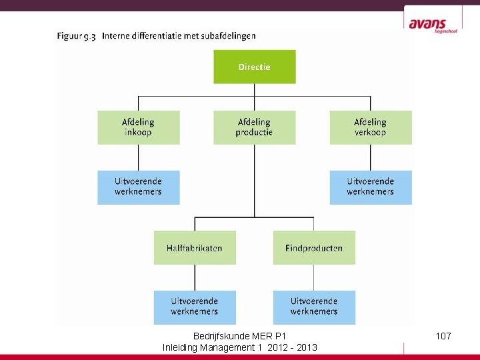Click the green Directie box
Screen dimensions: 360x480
[x=254, y=67]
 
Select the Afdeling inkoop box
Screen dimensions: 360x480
[x=139, y=127]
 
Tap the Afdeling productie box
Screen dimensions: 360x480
[x=254, y=127]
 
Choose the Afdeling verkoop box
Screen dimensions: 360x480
[x=370, y=127]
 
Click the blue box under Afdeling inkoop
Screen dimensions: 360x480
[x=139, y=187]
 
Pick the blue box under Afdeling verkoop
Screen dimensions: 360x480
[x=370, y=187]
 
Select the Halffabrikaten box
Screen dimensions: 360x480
[x=195, y=248]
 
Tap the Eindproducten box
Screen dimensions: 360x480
[x=314, y=248]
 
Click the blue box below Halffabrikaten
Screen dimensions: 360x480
[x=195, y=307]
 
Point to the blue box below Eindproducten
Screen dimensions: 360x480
[x=314, y=307]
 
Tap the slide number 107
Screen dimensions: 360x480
[x=443, y=336]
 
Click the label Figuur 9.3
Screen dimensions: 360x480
[x=76, y=37]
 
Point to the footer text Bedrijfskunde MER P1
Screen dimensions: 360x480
[x=239, y=336]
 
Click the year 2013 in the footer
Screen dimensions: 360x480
[x=307, y=347]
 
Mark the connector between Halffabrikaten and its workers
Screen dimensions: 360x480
[x=195, y=277]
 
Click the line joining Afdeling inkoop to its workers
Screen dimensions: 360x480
[x=139, y=157]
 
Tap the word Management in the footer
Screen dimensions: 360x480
[x=233, y=347]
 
